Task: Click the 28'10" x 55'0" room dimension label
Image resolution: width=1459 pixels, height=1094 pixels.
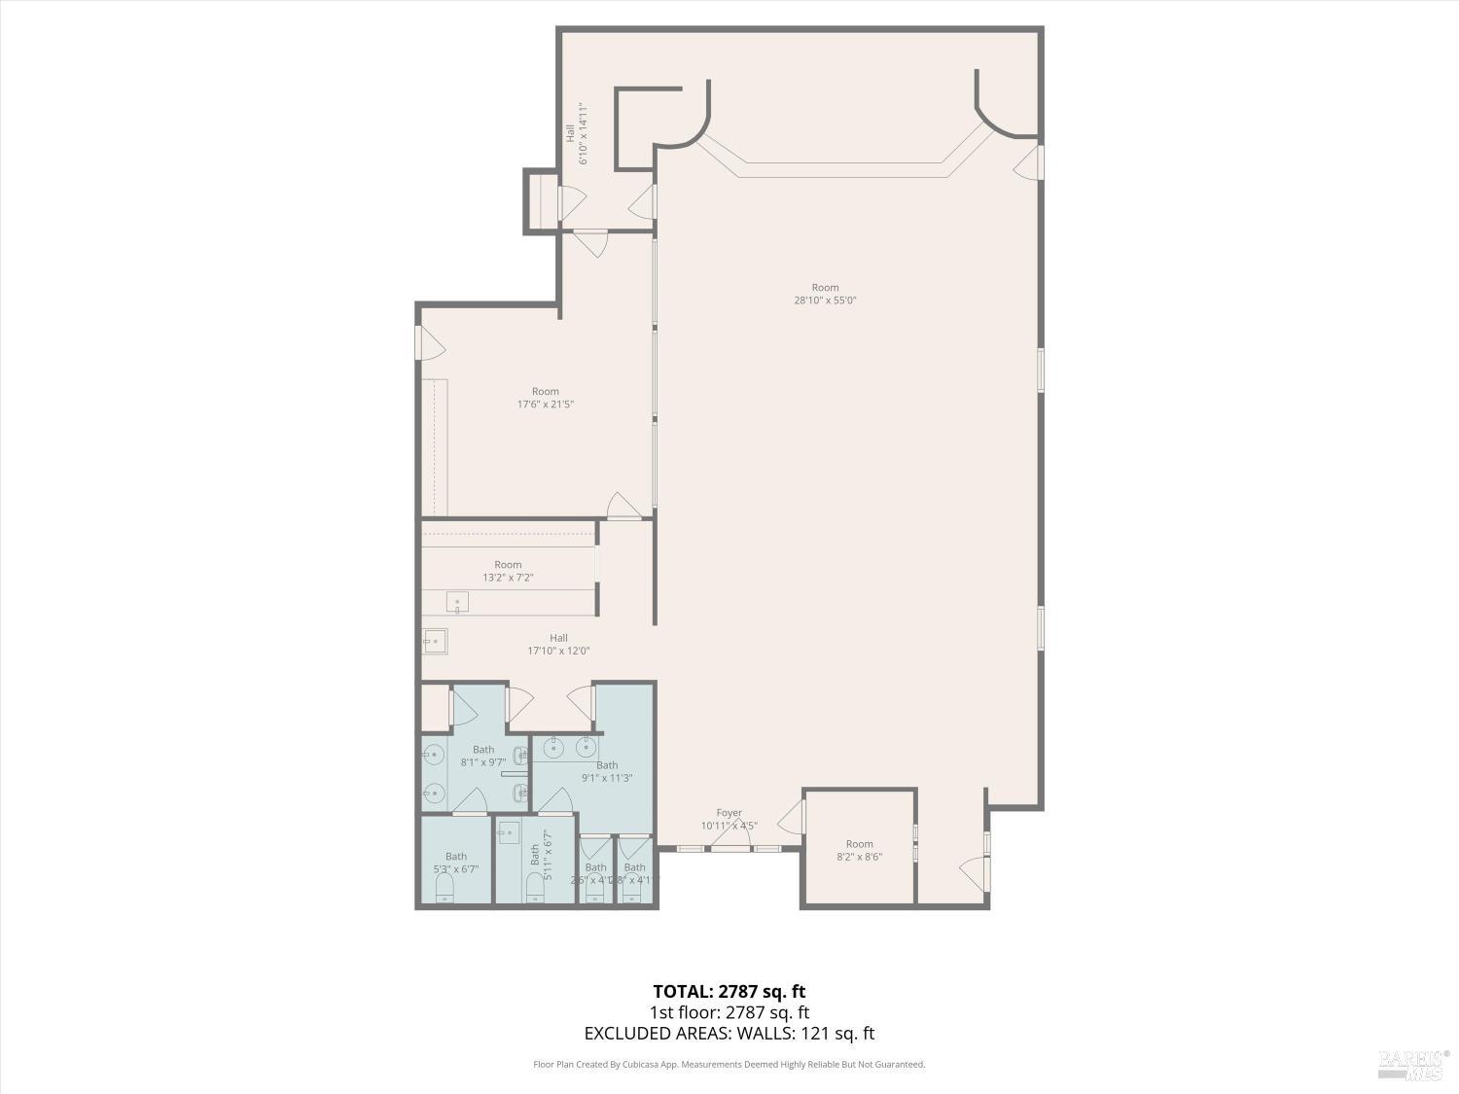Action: pyautogui.click(x=825, y=295)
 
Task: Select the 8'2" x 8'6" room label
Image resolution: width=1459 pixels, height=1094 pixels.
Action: pyautogui.click(x=859, y=851)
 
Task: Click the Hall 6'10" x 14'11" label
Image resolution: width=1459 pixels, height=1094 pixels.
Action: pyautogui.click(x=577, y=133)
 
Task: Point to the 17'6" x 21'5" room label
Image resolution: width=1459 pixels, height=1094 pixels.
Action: pyautogui.click(x=545, y=398)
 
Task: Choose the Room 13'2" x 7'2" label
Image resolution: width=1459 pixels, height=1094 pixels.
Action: pyautogui.click(x=508, y=571)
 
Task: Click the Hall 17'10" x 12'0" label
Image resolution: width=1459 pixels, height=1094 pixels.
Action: pyautogui.click(x=558, y=645)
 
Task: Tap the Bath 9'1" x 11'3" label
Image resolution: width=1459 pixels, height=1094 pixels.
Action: pyautogui.click(x=607, y=771)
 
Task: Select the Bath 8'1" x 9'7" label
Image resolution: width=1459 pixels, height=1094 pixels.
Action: pyautogui.click(x=483, y=756)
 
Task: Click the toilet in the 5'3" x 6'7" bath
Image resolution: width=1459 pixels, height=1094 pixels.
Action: pyautogui.click(x=445, y=890)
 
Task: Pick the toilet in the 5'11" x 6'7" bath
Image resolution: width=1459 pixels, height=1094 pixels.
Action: pyautogui.click(x=534, y=887)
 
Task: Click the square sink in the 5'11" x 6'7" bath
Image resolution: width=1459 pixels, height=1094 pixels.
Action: pyautogui.click(x=510, y=832)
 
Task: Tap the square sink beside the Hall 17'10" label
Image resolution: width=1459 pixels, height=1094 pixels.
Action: pyautogui.click(x=435, y=641)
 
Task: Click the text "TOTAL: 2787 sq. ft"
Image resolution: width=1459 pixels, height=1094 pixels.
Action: pyautogui.click(x=729, y=992)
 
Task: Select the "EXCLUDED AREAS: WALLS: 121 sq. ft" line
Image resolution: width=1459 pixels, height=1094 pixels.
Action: pyautogui.click(x=729, y=1034)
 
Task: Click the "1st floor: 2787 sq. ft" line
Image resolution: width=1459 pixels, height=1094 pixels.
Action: pyautogui.click(x=729, y=1013)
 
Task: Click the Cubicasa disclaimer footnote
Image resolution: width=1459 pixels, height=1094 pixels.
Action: pyautogui.click(x=729, y=1065)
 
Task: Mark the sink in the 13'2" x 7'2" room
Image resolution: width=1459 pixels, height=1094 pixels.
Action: pyautogui.click(x=457, y=603)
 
